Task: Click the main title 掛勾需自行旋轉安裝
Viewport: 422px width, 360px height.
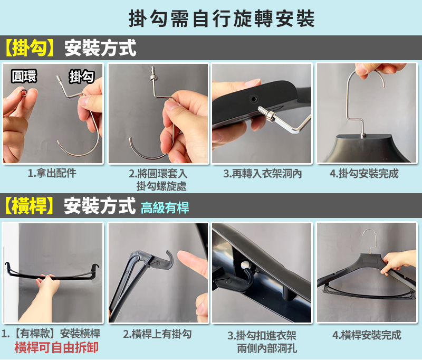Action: (222, 18)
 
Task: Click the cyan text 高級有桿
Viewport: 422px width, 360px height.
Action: (165, 207)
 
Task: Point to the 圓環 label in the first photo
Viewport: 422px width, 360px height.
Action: (24, 76)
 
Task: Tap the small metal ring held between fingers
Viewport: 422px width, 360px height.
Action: (24, 93)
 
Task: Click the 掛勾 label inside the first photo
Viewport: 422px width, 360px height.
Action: (82, 77)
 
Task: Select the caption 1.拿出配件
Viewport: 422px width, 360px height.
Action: (52, 173)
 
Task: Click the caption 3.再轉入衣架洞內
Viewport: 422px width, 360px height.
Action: (262, 174)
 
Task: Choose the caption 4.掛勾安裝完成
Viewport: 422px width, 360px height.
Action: (364, 174)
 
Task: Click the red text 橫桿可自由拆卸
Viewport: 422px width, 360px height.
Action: (56, 347)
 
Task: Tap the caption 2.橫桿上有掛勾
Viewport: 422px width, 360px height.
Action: (157, 334)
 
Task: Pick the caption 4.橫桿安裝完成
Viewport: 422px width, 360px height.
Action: (367, 335)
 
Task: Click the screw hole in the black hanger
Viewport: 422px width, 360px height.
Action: (253, 99)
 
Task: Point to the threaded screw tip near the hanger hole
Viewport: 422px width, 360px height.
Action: (263, 111)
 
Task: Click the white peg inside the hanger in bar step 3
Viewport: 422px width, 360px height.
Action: (246, 265)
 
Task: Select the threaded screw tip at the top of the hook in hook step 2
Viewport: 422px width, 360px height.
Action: (154, 71)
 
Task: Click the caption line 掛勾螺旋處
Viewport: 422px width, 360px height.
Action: (161, 186)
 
